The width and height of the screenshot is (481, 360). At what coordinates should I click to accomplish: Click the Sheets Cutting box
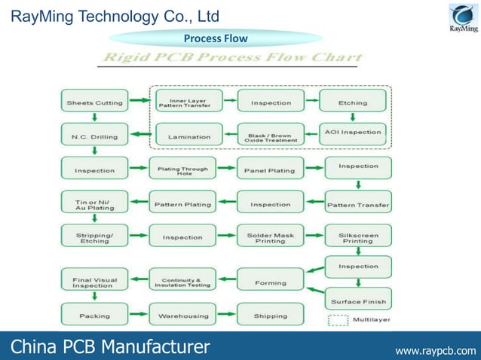click(94, 102)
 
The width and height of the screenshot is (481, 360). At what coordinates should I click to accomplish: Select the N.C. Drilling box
click(94, 136)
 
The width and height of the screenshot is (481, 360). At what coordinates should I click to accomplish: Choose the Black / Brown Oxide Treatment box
click(270, 136)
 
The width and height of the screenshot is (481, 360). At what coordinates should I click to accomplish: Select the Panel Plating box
click(270, 170)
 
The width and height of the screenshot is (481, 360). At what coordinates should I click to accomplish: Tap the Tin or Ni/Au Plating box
click(94, 203)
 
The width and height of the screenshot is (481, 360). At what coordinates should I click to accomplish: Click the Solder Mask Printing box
click(270, 237)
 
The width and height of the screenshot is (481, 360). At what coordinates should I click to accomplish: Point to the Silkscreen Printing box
click(357, 237)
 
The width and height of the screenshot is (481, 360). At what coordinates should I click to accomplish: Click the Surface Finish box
click(357, 301)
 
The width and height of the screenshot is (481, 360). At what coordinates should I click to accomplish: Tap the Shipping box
click(270, 316)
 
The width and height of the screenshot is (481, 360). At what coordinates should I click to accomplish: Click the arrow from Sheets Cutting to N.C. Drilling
click(94, 117)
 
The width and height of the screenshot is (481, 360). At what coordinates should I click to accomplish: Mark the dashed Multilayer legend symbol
click(339, 319)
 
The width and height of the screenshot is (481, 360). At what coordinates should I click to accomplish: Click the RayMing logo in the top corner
click(463, 18)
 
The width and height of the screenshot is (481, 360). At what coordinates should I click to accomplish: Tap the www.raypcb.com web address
click(436, 349)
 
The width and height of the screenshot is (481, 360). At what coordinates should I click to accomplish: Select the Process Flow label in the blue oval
click(216, 38)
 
